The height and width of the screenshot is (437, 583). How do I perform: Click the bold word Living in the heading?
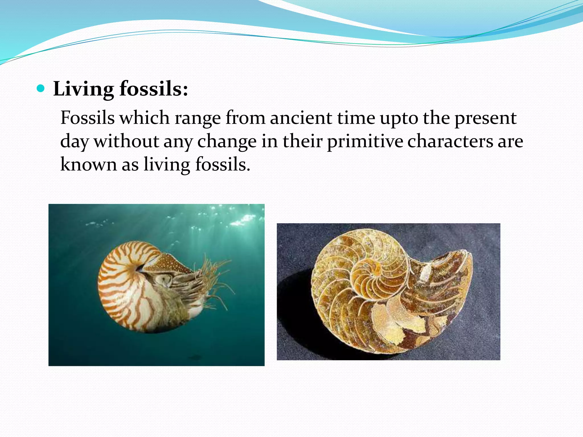pyautogui.click(x=83, y=89)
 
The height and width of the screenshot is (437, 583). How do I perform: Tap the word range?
pyautogui.click(x=198, y=118)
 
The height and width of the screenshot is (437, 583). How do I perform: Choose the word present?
pyautogui.click(x=485, y=118)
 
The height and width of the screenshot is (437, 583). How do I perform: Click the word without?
pyautogui.click(x=126, y=141)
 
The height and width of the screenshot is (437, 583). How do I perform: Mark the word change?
pyautogui.click(x=227, y=141)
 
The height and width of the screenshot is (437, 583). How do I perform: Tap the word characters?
pyautogui.click(x=450, y=141)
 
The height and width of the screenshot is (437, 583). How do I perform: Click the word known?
pyautogui.click(x=88, y=164)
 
